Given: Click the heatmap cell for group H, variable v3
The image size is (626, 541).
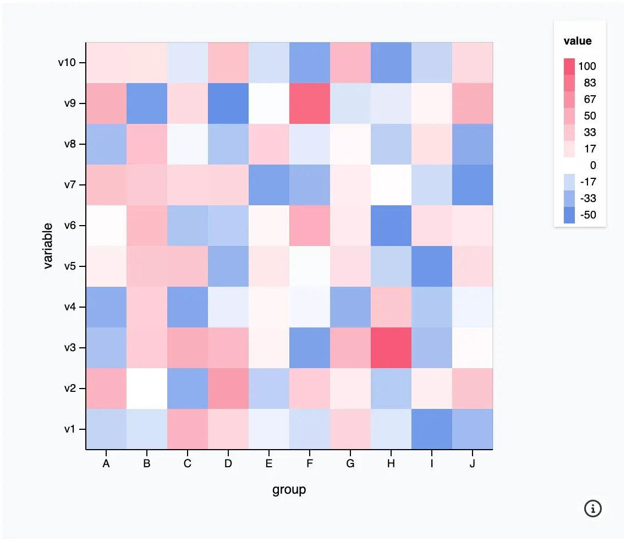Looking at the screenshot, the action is click(391, 348).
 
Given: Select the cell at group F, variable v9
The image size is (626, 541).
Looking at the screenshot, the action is click(309, 103).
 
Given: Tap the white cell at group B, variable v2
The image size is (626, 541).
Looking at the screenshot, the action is click(147, 389).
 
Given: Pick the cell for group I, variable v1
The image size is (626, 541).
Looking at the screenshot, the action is click(432, 429).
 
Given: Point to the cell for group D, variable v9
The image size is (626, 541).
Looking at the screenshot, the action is click(228, 103).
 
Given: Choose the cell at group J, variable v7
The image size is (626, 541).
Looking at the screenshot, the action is click(473, 185).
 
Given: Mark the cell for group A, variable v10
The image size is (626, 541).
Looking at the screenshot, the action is click(106, 63).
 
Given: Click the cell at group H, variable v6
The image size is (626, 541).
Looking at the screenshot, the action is click(391, 226).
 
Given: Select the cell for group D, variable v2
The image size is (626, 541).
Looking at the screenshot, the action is click(228, 389).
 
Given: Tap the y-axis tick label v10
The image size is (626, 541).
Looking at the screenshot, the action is click(67, 63).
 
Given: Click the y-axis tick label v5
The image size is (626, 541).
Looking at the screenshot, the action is click(70, 266).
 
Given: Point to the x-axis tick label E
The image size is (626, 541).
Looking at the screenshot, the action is click(268, 463).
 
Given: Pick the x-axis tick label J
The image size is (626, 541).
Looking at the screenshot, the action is click(473, 463).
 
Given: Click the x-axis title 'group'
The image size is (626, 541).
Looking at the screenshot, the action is click(289, 490).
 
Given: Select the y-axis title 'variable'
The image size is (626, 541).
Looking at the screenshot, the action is click(48, 245).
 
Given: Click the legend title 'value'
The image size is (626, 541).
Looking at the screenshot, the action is click(577, 41).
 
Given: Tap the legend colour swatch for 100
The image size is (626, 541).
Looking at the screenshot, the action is click(569, 67).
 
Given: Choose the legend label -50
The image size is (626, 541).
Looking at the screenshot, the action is click(588, 215).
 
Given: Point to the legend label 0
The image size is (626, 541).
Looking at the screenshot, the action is click(593, 166).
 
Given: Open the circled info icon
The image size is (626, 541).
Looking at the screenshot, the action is click(592, 509).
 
